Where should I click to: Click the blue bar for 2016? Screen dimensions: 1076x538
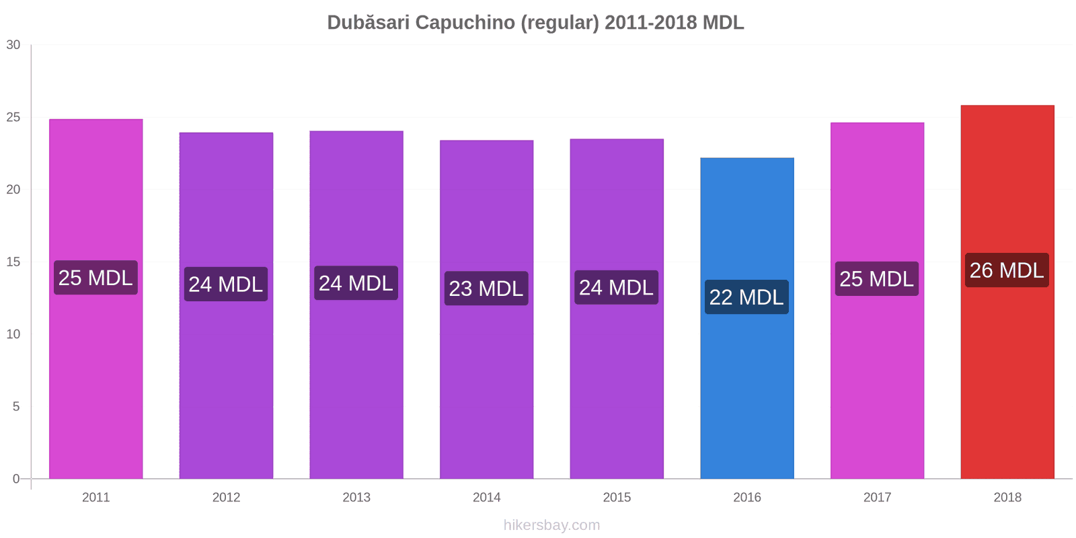click(x=747, y=318)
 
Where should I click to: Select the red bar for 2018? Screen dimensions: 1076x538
click(x=1007, y=292)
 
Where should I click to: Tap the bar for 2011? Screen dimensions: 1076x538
click(x=96, y=299)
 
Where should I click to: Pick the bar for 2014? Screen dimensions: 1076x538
click(x=487, y=309)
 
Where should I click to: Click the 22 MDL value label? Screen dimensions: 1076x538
click(x=746, y=297)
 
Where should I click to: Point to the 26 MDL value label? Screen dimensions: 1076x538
click(x=1007, y=270)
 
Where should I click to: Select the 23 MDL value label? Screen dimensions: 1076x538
click(x=486, y=289)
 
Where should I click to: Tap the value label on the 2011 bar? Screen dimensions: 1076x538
click(x=95, y=278)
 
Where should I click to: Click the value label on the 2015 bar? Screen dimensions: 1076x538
click(x=616, y=287)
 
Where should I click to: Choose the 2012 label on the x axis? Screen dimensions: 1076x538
click(x=226, y=497)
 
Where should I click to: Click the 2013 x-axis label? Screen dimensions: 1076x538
click(x=356, y=497)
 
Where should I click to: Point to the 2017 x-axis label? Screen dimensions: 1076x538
click(x=877, y=497)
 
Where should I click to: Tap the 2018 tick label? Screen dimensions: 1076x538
click(x=1007, y=497)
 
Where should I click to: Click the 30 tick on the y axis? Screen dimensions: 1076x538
click(x=13, y=44)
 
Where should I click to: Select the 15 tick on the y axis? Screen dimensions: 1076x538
click(x=13, y=262)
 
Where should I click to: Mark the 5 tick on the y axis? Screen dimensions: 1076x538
click(x=16, y=406)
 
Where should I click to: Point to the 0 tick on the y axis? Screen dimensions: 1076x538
click(x=16, y=478)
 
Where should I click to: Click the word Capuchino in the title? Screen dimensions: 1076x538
click(x=465, y=23)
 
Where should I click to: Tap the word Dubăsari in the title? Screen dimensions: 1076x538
click(x=369, y=22)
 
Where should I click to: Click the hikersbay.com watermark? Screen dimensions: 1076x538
click(x=551, y=525)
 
